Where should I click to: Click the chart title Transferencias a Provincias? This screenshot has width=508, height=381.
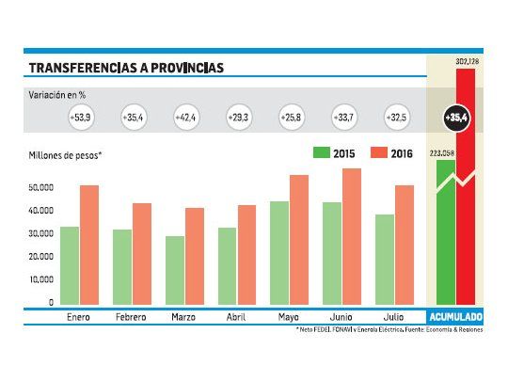[x=126, y=68]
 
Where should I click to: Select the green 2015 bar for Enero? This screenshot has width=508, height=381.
[x=70, y=265]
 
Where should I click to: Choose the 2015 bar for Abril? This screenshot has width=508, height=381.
[x=227, y=265]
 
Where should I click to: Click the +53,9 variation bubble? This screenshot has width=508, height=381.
[x=80, y=119]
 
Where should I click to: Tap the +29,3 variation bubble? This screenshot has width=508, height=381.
[x=239, y=119]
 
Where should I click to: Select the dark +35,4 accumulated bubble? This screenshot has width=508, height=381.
[x=456, y=119]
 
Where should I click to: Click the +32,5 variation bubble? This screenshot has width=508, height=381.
[x=397, y=119]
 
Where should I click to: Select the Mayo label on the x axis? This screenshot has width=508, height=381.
[x=289, y=317]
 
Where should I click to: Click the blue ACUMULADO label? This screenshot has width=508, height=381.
[x=455, y=317]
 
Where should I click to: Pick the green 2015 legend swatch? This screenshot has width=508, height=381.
[x=323, y=153]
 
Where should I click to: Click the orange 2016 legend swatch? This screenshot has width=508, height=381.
[x=380, y=153]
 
